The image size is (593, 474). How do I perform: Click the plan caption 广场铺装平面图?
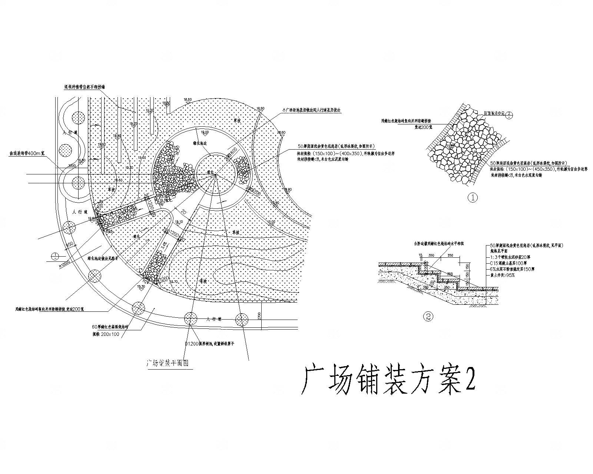[168, 364]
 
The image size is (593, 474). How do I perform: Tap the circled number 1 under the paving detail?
[473, 198]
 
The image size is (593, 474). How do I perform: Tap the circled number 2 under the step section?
[429, 317]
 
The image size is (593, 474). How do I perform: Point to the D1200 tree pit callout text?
[210, 344]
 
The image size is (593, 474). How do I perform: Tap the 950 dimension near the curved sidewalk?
[69, 246]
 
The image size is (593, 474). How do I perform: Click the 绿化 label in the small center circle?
[210, 173]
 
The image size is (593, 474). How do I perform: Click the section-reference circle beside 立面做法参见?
[509, 114]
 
